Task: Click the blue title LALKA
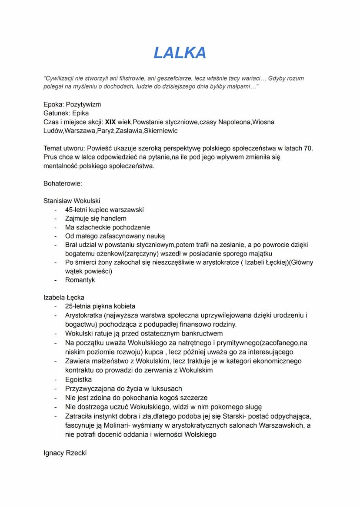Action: coord(180,53)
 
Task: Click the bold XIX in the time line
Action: coord(110,122)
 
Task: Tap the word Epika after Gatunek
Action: coord(80,113)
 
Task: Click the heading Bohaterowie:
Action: coord(63,183)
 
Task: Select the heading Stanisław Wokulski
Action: coord(72,201)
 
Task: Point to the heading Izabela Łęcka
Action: coord(64,298)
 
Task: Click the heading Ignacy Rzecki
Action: coord(65,453)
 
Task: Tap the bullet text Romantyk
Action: coord(80,280)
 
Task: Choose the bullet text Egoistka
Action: coord(78,379)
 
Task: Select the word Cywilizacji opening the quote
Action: coord(61,79)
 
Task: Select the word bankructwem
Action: coord(200,333)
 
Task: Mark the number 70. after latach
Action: coord(307,148)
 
